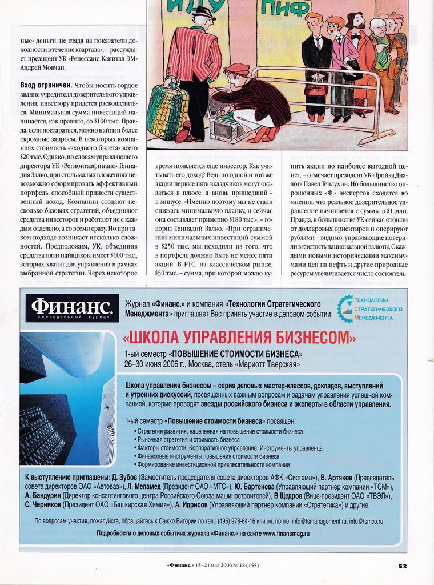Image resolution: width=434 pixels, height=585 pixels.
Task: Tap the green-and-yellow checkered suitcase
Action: coord(167,112)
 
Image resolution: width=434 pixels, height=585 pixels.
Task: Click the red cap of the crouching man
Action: coord(236,69)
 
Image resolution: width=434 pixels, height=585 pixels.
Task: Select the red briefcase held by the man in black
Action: coord(315,90)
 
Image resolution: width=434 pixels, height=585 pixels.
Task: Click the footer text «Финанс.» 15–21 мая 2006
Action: coord(212,566)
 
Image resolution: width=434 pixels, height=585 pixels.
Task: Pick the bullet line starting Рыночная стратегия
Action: coord(188,440)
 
